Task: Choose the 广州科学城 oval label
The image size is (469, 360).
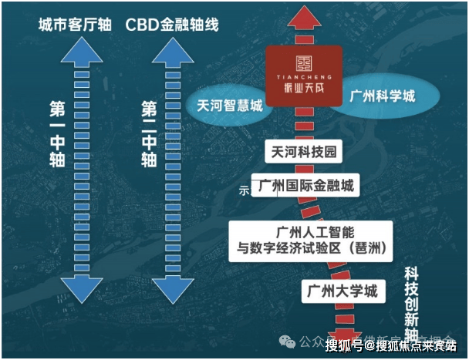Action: pos(383,98)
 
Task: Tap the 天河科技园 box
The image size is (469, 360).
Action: pos(302,152)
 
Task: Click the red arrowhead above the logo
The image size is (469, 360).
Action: pos(305,15)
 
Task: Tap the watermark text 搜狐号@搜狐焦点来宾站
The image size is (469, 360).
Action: pos(392,345)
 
